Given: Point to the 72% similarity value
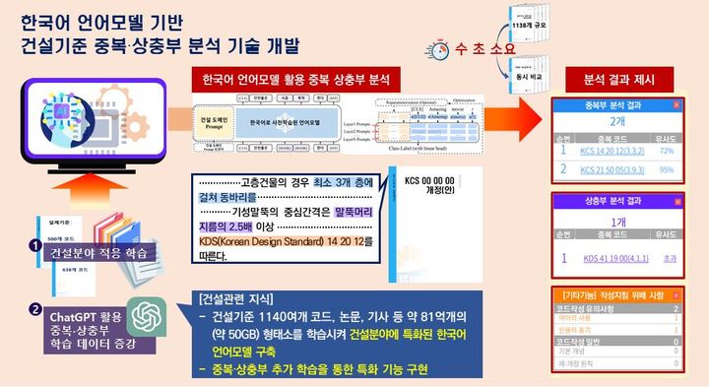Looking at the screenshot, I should [665, 152].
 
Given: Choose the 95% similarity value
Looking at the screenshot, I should [666, 168].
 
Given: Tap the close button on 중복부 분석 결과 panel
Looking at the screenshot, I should [677, 104].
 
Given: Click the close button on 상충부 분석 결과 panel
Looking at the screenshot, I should [677, 200].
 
